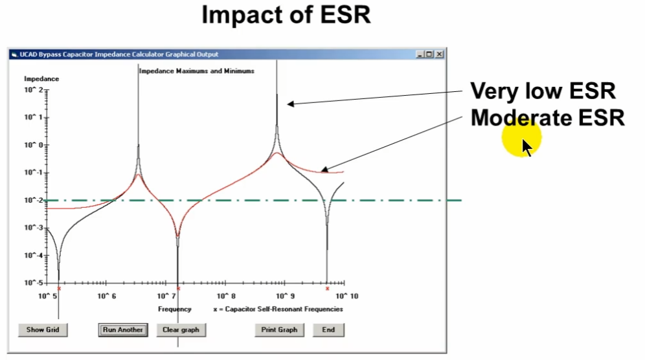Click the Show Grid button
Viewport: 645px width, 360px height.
click(x=43, y=330)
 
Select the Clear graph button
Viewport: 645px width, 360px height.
click(x=181, y=330)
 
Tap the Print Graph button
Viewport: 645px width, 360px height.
click(x=279, y=330)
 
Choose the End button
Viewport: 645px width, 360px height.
click(x=328, y=330)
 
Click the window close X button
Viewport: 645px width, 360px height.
click(x=439, y=54)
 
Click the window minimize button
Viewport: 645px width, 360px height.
click(x=420, y=54)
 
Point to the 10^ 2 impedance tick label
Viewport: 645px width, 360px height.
click(x=33, y=90)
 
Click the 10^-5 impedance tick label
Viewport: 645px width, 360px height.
click(x=33, y=283)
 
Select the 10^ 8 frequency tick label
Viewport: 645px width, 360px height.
click(x=226, y=297)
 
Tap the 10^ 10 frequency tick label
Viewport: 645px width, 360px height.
click(x=347, y=297)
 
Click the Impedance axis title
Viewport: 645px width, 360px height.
click(x=41, y=78)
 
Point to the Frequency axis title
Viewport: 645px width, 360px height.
click(x=175, y=309)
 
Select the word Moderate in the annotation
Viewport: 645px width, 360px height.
click(x=521, y=118)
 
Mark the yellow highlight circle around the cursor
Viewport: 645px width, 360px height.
click(x=521, y=137)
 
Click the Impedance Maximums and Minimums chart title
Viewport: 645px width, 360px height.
click(x=197, y=71)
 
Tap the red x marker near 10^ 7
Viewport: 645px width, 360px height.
click(x=178, y=288)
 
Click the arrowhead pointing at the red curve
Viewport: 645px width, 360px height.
click(x=324, y=169)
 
